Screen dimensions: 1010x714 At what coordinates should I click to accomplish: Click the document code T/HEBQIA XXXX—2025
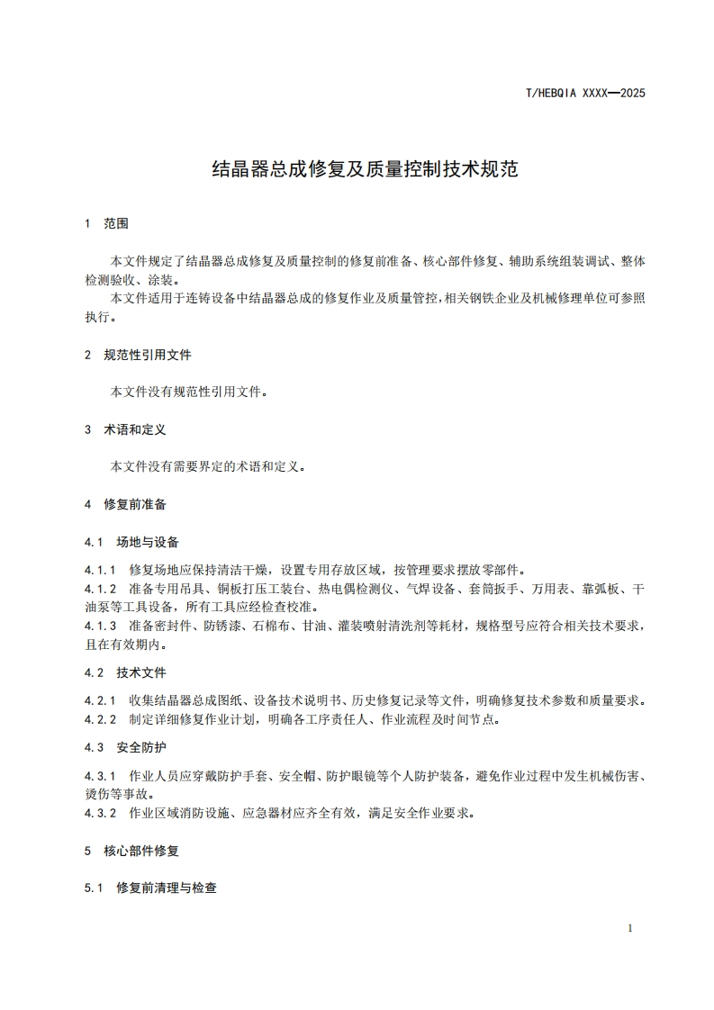click(x=585, y=93)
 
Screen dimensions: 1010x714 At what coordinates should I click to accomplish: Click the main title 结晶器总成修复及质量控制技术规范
click(x=365, y=168)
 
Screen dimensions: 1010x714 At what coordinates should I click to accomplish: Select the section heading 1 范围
click(x=106, y=223)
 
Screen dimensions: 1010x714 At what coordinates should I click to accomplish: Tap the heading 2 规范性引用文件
click(x=138, y=355)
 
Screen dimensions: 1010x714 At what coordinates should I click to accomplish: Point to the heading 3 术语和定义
click(x=125, y=429)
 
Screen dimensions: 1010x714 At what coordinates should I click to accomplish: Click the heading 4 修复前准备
click(x=125, y=504)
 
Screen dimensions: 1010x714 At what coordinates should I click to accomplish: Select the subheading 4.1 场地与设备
click(x=131, y=542)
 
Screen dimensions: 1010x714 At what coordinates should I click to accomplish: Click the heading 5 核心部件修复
click(x=131, y=850)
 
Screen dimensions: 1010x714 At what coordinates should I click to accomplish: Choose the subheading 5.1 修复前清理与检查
click(x=150, y=888)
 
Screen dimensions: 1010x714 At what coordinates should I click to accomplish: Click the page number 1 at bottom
click(x=630, y=928)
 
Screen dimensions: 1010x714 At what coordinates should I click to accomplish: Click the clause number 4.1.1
click(x=101, y=570)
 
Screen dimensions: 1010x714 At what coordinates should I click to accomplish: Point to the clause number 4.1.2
click(x=101, y=589)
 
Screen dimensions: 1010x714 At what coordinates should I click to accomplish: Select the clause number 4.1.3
click(x=101, y=627)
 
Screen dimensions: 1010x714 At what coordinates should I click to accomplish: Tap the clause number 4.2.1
click(x=101, y=700)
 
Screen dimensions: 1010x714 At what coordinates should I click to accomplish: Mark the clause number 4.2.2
click(x=101, y=719)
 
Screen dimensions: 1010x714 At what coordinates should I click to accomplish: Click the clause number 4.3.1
click(x=101, y=775)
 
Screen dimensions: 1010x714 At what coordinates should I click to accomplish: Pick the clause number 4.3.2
click(x=101, y=813)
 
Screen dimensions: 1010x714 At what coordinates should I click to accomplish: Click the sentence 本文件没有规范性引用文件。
click(x=189, y=392)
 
